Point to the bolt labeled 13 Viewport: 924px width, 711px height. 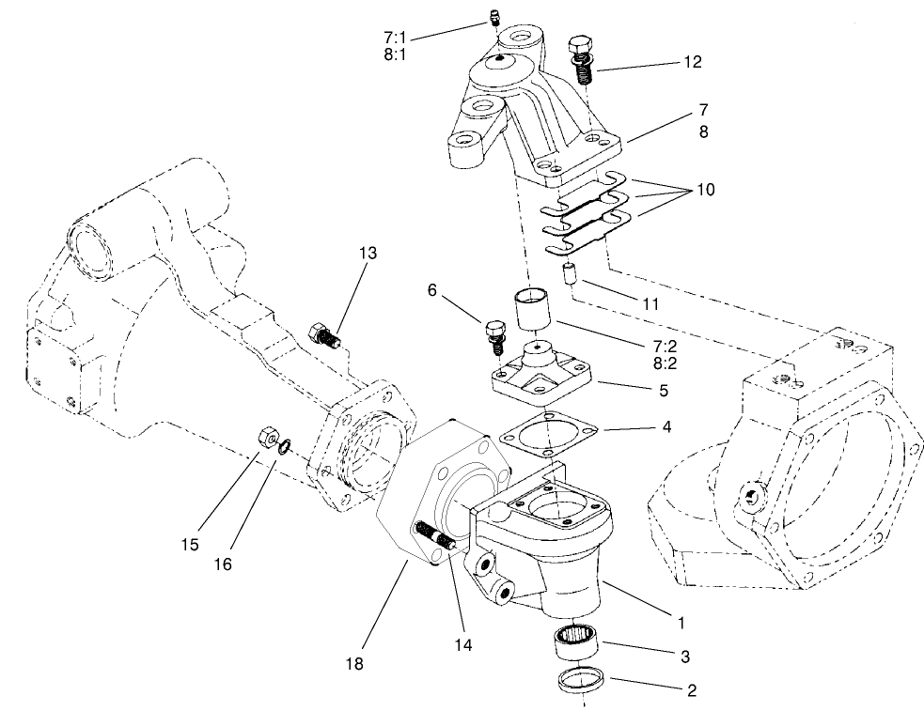click(x=322, y=334)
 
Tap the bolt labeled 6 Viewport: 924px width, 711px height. click(x=494, y=334)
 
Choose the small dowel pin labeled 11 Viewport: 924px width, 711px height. click(x=568, y=276)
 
